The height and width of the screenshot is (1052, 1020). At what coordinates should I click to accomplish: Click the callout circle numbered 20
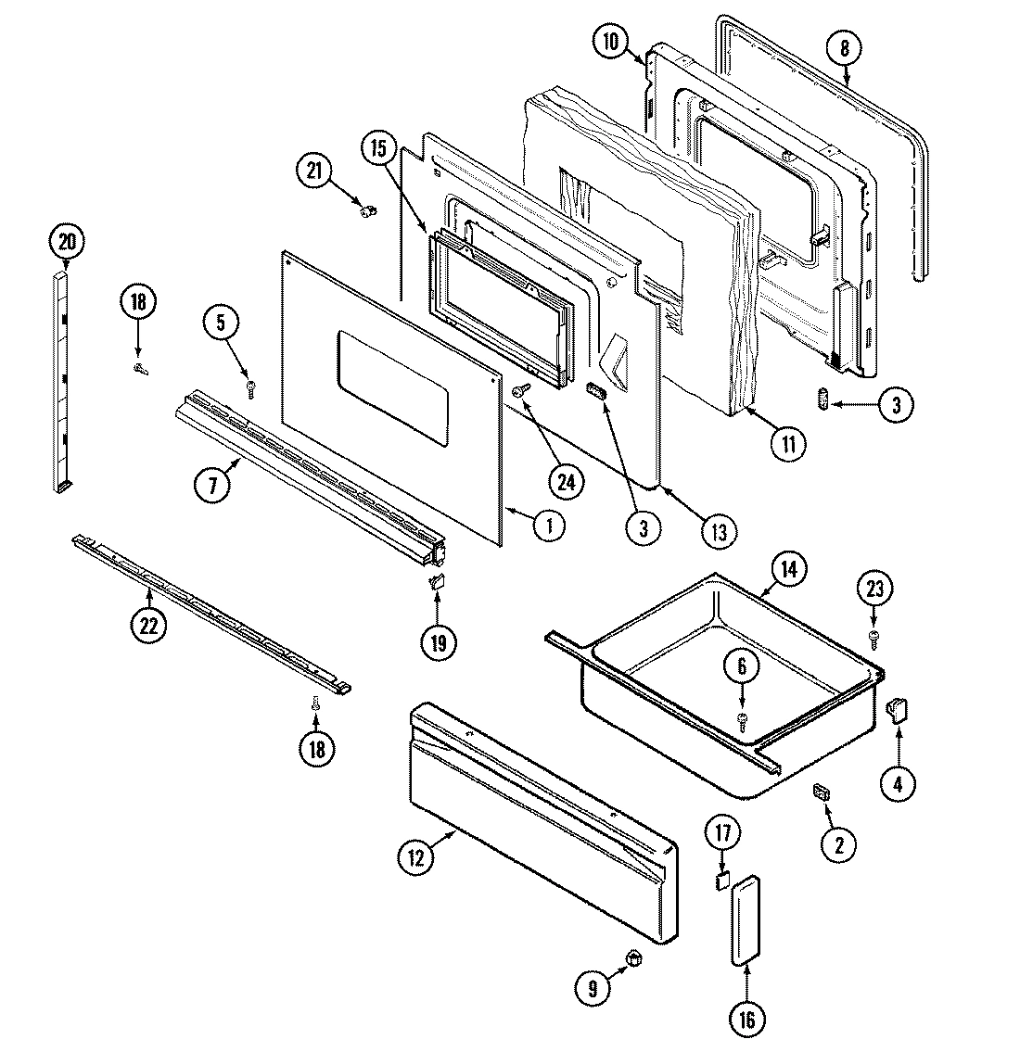[x=66, y=243]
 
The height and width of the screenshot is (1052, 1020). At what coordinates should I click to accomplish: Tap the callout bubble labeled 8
[x=845, y=49]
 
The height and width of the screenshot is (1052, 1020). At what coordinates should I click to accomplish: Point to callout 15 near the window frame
[x=378, y=147]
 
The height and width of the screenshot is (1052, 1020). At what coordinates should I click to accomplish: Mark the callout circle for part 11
[x=787, y=444]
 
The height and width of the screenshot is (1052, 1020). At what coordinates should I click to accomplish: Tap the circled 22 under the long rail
[x=148, y=626]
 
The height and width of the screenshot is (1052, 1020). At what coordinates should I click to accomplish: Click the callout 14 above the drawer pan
[x=787, y=569]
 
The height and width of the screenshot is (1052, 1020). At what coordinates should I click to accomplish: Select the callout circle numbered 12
[x=415, y=858]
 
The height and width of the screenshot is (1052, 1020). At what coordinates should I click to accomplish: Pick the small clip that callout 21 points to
[x=367, y=211]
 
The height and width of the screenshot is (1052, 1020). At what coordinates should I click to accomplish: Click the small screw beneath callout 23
[x=873, y=636]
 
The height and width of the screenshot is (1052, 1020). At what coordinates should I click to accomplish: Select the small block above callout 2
[x=821, y=791]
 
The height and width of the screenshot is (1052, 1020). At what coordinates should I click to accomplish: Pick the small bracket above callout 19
[x=437, y=582]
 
